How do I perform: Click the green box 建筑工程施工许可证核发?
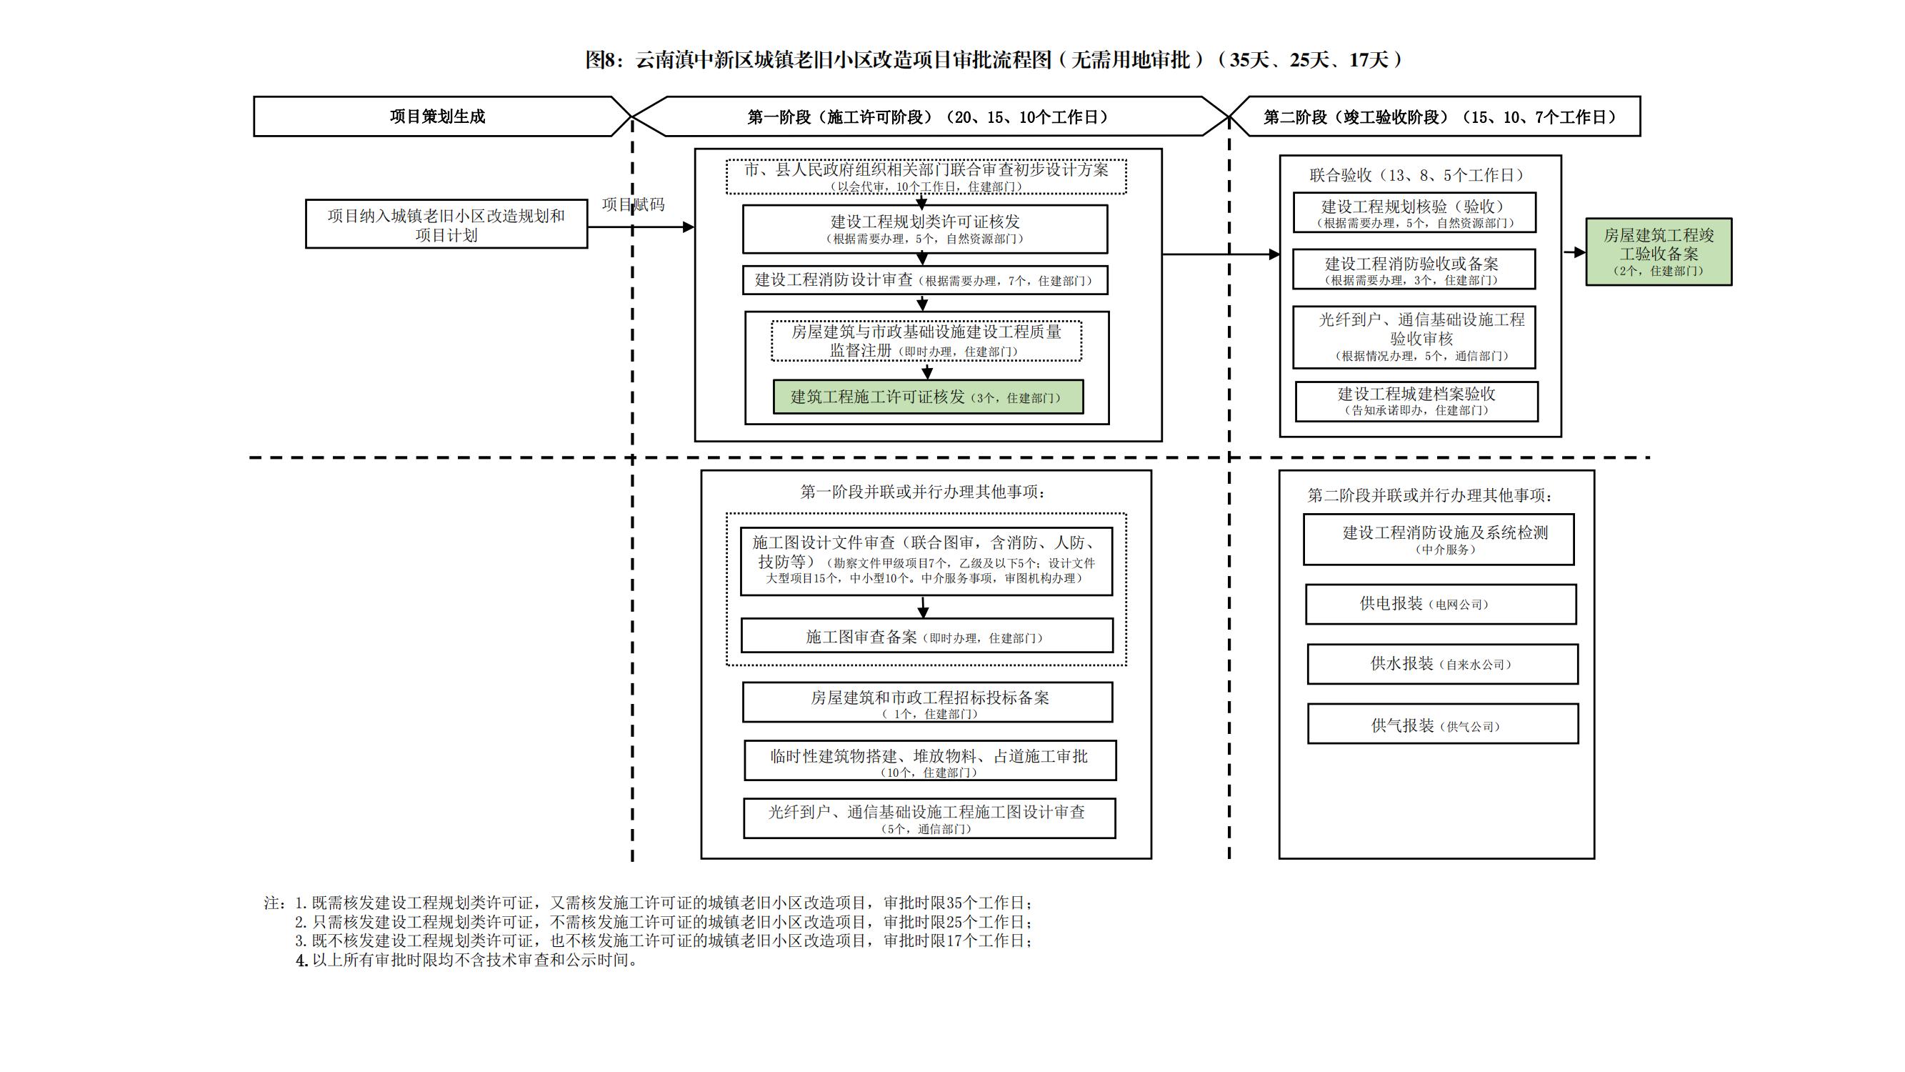[927, 397]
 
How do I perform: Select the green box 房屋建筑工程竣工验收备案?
[1658, 252]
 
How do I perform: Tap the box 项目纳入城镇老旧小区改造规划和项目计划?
[446, 224]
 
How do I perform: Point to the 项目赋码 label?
[633, 204]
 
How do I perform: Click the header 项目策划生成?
[437, 116]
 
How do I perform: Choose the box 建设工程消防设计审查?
[924, 280]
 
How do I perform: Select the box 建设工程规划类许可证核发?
[924, 229]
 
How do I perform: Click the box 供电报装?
[1440, 604]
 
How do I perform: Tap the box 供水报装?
[1442, 664]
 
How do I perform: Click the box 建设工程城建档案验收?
[1416, 401]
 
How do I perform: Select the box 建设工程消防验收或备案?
[1414, 269]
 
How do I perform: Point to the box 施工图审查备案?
[926, 636]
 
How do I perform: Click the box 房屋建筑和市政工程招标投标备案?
[927, 702]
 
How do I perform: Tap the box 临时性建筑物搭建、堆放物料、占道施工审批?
[929, 760]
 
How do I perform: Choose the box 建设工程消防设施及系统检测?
[1439, 540]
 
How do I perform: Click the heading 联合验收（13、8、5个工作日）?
[1416, 175]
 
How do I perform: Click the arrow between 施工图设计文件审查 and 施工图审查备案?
[923, 607]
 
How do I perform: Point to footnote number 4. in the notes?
[301, 961]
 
